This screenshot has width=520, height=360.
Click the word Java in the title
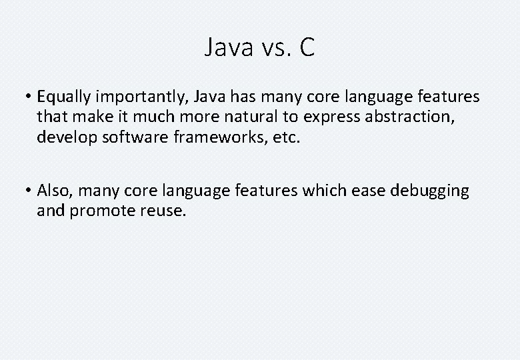[x=227, y=48]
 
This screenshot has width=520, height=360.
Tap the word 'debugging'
[x=429, y=191]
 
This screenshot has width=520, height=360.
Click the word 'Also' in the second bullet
[x=54, y=191]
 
